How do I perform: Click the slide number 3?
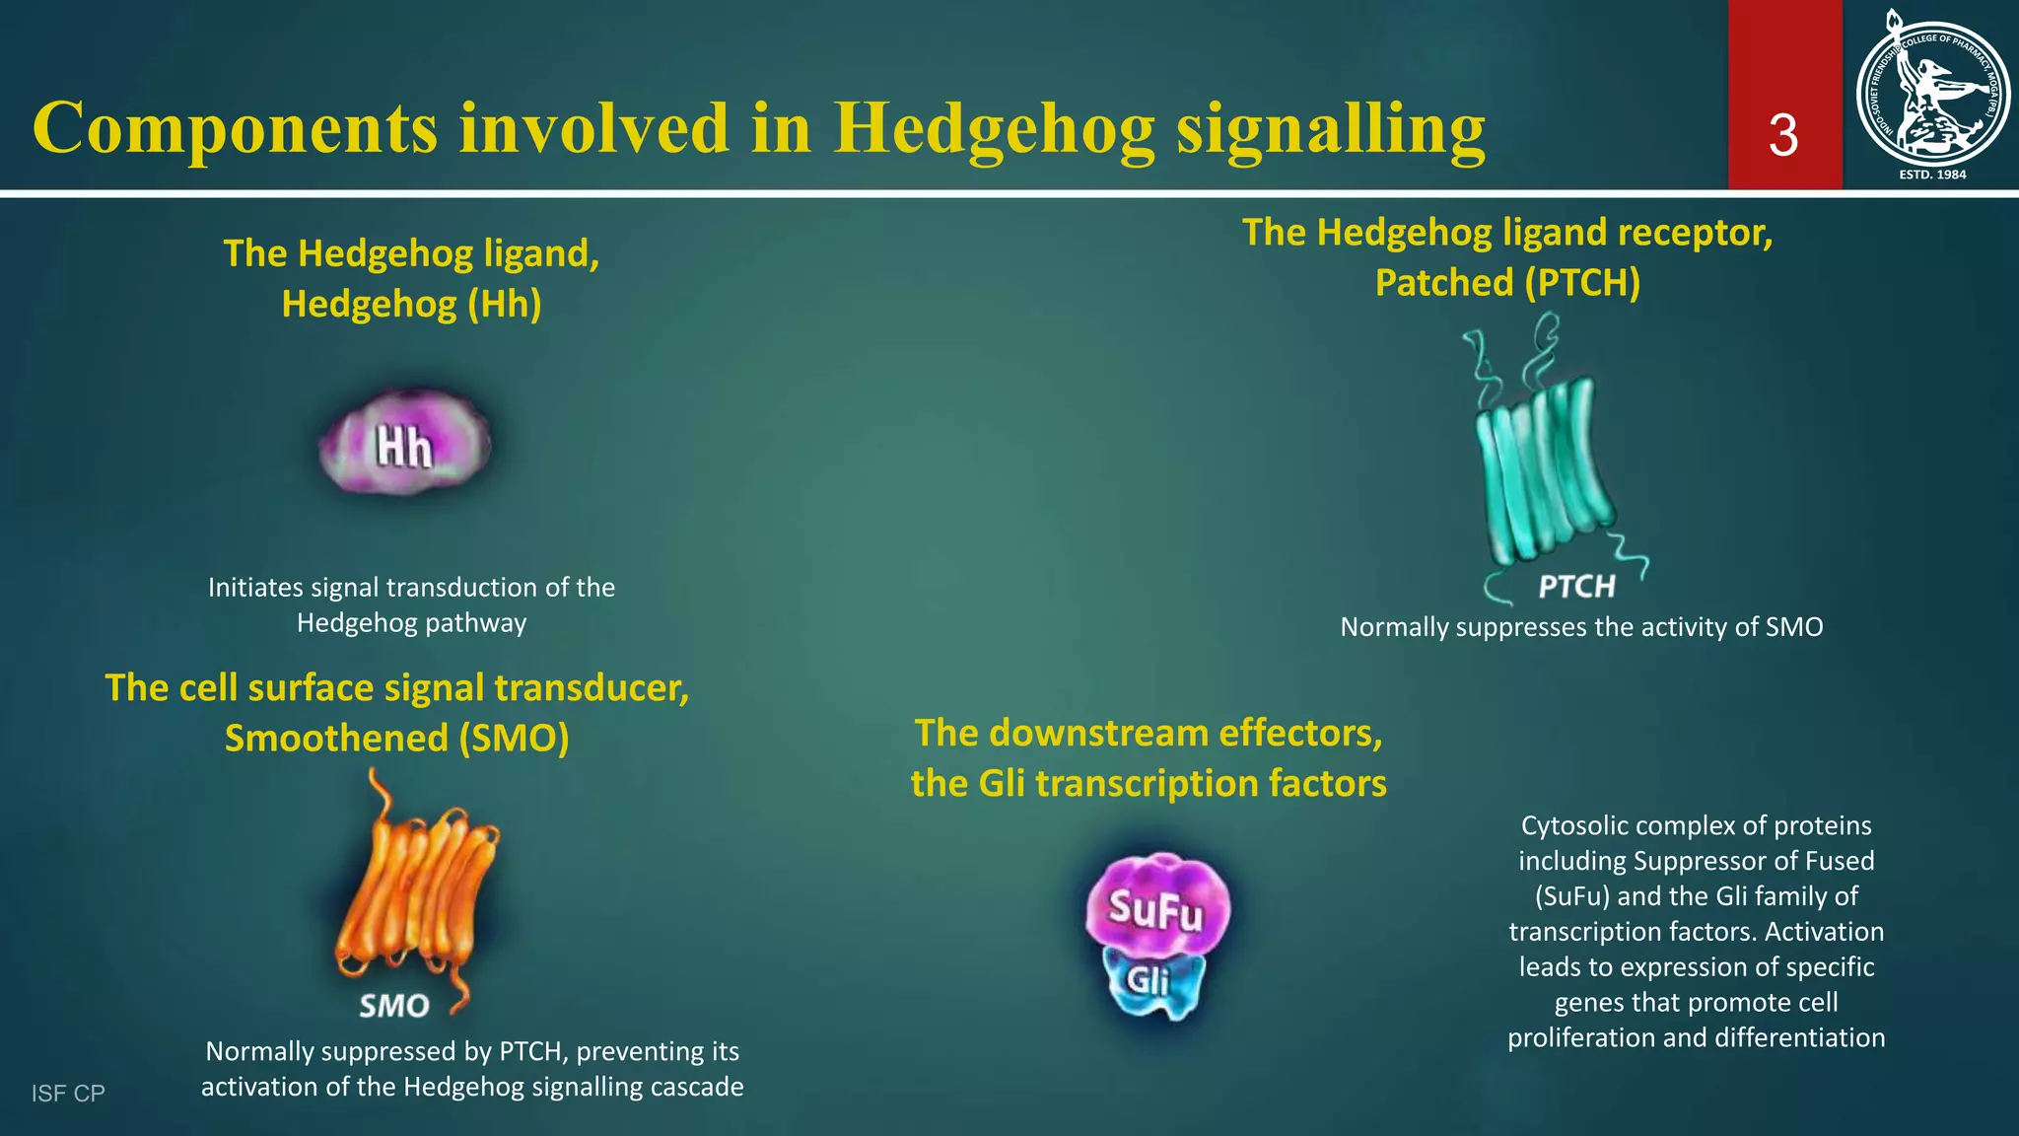1783,136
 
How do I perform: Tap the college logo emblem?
1931,89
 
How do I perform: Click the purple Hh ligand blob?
405,443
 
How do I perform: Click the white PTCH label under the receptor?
1576,587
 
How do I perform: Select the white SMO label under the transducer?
394,1006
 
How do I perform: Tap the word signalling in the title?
1331,129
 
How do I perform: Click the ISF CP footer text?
68,1093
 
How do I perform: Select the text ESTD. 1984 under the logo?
1932,175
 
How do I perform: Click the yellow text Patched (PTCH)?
1507,283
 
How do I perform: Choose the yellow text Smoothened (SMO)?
396,739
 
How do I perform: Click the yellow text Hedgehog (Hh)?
411,304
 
